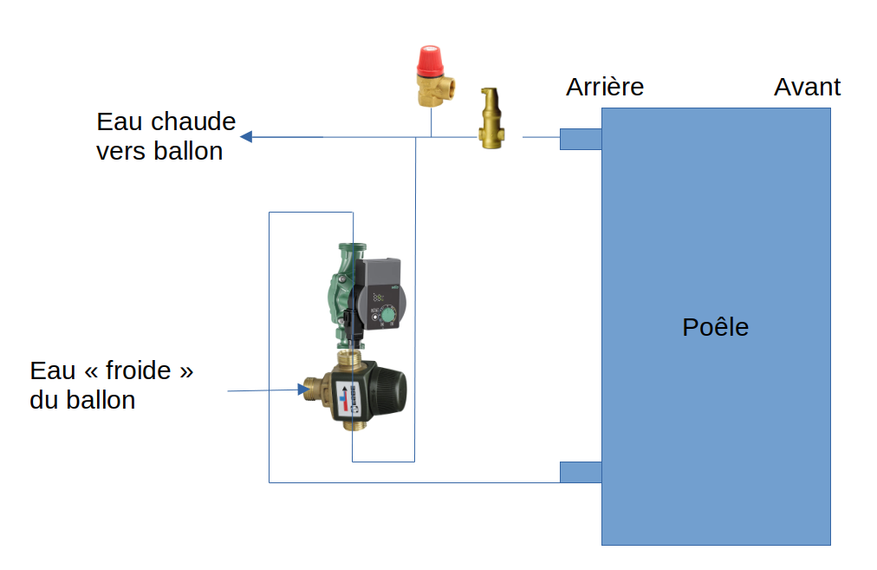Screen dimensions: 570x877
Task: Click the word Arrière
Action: pos(605,87)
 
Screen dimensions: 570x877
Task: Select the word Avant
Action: pos(807,87)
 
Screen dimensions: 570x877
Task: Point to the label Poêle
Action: pos(715,327)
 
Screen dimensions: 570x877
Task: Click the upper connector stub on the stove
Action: pos(580,139)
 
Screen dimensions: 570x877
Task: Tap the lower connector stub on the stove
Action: pos(580,472)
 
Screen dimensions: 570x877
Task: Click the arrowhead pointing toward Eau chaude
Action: pos(246,136)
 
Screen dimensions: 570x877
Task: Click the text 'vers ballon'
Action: pos(159,151)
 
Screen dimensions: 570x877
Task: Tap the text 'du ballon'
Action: pos(82,401)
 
